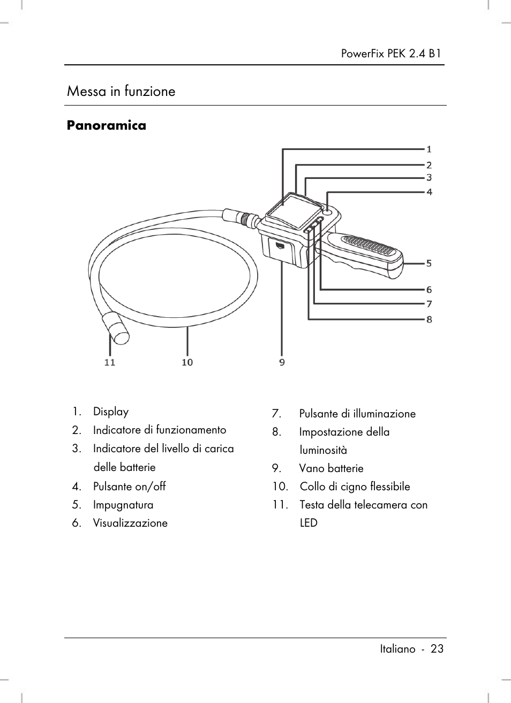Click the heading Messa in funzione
point(121,91)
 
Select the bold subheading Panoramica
point(106,125)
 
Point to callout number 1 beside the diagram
point(429,149)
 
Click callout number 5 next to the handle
point(429,263)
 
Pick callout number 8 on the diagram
point(429,319)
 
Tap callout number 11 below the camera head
point(109,362)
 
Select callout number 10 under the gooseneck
point(187,362)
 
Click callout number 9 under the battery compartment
point(282,362)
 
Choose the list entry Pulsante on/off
point(129,487)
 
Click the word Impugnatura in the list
point(123,505)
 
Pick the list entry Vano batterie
point(331,468)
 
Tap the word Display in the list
point(111,412)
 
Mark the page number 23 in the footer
point(437,649)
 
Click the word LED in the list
point(309,523)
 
